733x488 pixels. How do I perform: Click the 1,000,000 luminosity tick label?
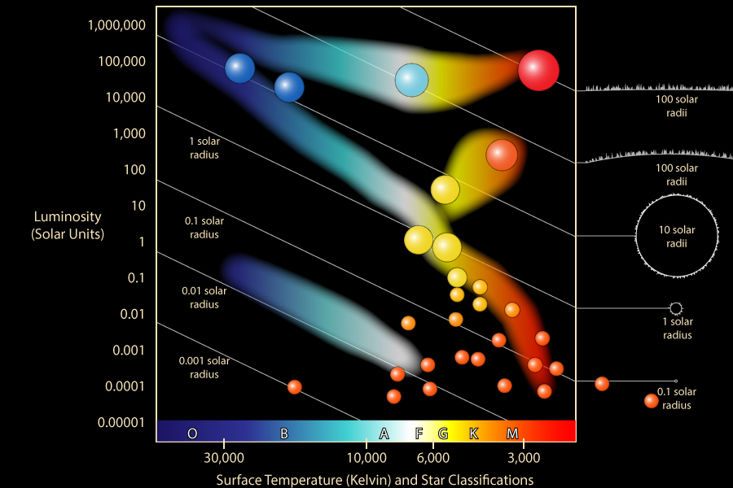[x=116, y=25]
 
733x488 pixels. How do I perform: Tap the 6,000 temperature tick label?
[x=432, y=455]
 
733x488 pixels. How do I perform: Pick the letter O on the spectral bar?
[x=192, y=434]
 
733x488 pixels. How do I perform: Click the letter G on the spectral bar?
[x=443, y=434]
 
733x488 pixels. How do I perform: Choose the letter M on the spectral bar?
[x=512, y=434]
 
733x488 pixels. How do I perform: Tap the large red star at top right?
[x=538, y=71]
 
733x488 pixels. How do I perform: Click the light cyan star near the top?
[x=412, y=80]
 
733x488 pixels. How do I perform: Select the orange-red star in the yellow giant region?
[x=502, y=155]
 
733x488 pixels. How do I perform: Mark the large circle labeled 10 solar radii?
[x=676, y=236]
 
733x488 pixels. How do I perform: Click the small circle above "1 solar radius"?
[x=675, y=308]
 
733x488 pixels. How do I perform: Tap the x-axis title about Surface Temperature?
[x=375, y=480]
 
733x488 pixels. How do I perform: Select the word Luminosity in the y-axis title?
[x=68, y=217]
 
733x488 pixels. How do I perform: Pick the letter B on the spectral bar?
[x=284, y=434]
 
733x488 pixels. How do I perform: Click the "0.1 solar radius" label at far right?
[x=677, y=399]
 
